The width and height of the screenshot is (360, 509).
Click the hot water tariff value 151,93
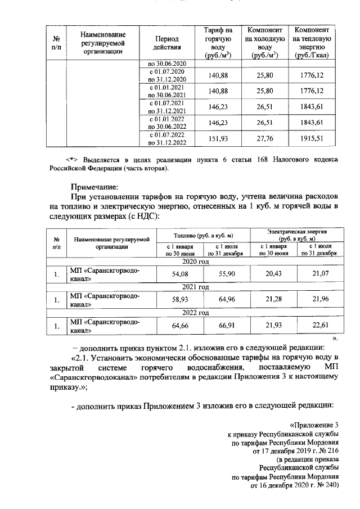(x=217, y=140)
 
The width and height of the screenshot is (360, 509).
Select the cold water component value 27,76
(x=264, y=140)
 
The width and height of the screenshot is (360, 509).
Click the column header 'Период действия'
(x=165, y=43)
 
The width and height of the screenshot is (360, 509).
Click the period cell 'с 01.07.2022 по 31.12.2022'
(x=165, y=139)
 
